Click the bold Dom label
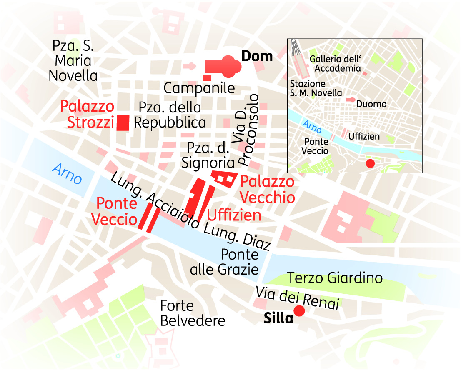click(x=257, y=56)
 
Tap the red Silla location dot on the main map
click(x=299, y=311)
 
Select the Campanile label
click(x=199, y=88)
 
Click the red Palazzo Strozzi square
click(x=123, y=123)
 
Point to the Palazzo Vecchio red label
click(x=267, y=190)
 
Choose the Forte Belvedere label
click(x=193, y=313)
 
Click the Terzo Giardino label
click(x=335, y=277)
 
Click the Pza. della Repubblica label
click(x=170, y=115)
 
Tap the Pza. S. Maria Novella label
click(x=73, y=61)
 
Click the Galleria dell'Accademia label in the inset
click(x=335, y=64)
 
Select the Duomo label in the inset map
click(x=371, y=104)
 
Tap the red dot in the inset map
click(x=369, y=163)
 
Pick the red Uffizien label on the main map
click(x=234, y=215)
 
